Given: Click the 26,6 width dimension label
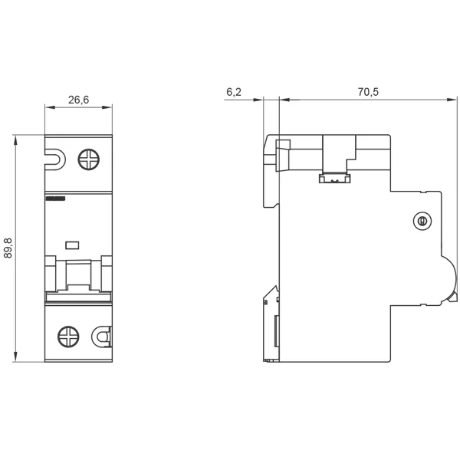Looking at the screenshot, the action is click(x=78, y=100).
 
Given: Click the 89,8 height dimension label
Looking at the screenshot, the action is click(x=8, y=248).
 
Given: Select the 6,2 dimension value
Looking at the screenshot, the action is click(x=234, y=92).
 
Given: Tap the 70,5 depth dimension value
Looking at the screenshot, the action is click(x=368, y=92).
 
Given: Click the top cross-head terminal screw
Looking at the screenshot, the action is click(x=89, y=159).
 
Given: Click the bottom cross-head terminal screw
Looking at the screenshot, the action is click(x=68, y=337).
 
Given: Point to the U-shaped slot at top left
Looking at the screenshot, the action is click(x=55, y=159).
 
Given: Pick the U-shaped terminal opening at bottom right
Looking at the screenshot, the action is click(x=102, y=337).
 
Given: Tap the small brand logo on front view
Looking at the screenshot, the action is click(x=55, y=199).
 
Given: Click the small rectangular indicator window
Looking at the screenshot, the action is click(x=72, y=245).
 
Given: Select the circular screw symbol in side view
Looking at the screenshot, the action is click(x=422, y=221).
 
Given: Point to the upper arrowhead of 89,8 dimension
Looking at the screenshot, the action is click(x=15, y=140).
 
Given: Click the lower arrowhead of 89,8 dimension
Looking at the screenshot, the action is click(x=15, y=356).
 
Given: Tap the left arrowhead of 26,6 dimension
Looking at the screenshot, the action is click(x=50, y=107).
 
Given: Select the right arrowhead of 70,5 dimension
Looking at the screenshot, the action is click(x=452, y=100).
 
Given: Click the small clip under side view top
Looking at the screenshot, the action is click(x=335, y=179).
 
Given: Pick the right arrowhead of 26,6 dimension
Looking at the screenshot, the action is click(x=107, y=107).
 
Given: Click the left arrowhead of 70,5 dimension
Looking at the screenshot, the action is click(x=285, y=100).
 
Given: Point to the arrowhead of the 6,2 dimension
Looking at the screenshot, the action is click(x=258, y=100).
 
